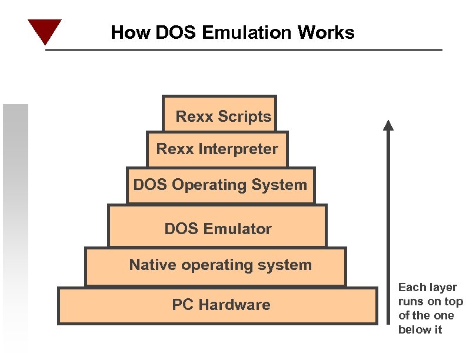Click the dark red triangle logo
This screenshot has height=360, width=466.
(45, 31)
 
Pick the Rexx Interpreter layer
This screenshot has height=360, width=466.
(217, 149)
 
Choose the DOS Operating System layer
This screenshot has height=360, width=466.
(221, 185)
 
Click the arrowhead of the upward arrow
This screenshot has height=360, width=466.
(388, 125)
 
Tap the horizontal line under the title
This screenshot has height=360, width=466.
(244, 50)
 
